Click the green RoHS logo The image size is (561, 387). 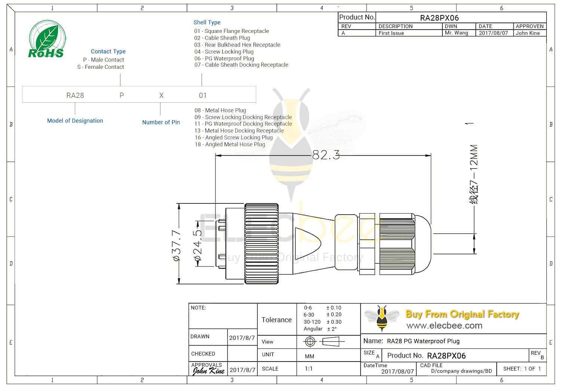point(47,39)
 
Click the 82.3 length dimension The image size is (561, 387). point(326,155)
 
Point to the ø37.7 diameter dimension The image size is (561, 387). point(176,245)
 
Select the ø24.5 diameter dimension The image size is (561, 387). point(197,245)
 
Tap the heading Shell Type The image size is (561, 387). point(207,22)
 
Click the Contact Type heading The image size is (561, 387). point(108,51)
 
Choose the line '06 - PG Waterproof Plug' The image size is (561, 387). point(224,58)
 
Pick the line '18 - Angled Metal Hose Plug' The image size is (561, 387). point(230,144)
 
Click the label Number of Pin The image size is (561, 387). point(161,122)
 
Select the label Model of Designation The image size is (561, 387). point(75,121)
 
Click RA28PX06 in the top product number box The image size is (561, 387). point(439,18)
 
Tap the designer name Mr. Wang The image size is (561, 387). point(456,33)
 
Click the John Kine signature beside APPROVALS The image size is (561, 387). point(208,371)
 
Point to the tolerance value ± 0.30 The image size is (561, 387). point(334,322)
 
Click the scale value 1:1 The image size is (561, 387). point(309,369)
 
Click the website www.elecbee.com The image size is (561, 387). point(444,326)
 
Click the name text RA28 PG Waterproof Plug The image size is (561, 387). point(423,341)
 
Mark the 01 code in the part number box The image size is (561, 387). point(203,96)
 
